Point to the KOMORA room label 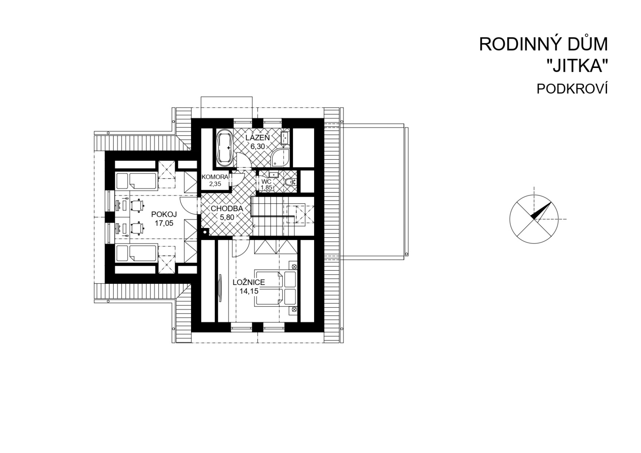tap(215, 177)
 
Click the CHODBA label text tap(227, 209)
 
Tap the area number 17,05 tap(164, 223)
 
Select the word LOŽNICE tap(249, 282)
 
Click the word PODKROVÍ tap(572, 89)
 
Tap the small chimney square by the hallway tap(205, 232)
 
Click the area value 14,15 tap(249, 291)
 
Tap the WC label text tap(267, 182)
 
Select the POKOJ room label tap(164, 214)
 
